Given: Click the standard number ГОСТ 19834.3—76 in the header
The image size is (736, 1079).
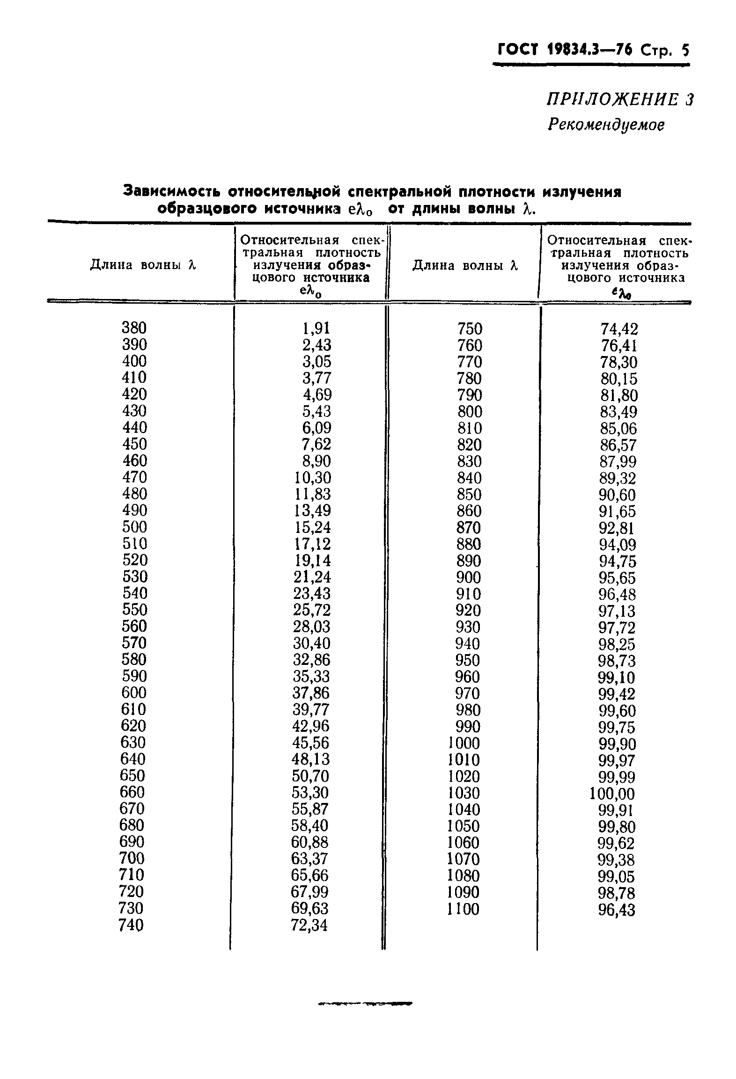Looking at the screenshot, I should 564,49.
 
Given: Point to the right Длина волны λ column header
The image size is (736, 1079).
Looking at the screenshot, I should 465,266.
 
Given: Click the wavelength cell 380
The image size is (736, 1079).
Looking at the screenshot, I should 134,328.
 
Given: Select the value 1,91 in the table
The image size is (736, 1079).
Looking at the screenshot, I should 316,328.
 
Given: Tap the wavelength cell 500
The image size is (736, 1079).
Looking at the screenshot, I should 134,527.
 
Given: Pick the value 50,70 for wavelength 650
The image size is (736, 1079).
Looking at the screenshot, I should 310,776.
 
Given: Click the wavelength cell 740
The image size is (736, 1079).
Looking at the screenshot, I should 132,925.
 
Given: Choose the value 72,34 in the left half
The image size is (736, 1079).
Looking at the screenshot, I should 309,925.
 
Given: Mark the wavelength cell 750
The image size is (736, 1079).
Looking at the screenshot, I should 470,329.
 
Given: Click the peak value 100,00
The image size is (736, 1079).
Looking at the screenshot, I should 612,794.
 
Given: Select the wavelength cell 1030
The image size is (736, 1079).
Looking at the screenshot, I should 463,793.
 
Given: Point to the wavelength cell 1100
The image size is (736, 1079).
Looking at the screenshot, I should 463,909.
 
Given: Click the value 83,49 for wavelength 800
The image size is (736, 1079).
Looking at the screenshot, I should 618,412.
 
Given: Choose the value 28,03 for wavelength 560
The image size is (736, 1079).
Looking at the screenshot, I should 312,627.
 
